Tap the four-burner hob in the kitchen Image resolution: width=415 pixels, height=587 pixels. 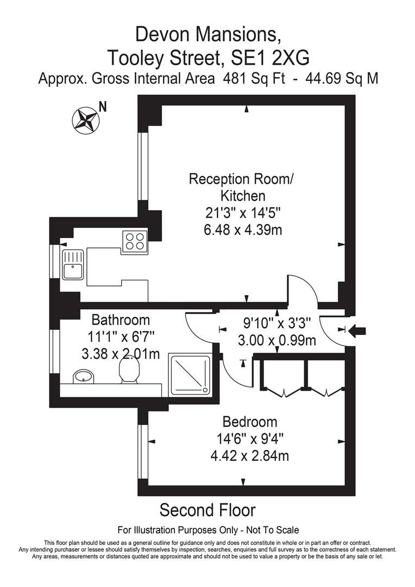pyautogui.click(x=135, y=240)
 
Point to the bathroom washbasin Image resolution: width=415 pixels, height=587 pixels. pyautogui.click(x=83, y=376)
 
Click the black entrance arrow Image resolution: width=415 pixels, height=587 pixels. pyautogui.click(x=360, y=330)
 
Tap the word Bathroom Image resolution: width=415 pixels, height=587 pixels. pyautogui.click(x=120, y=320)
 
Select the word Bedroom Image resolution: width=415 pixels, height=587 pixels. pyautogui.click(x=250, y=422)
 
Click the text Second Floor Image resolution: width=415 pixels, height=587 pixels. pyautogui.click(x=207, y=510)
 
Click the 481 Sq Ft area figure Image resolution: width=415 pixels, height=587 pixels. pyautogui.click(x=253, y=78)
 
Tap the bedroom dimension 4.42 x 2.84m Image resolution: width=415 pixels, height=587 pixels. pyautogui.click(x=249, y=455)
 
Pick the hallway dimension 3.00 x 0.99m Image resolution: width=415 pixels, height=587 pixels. pyautogui.click(x=277, y=341)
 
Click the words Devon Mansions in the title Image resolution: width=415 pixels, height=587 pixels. pyautogui.click(x=208, y=35)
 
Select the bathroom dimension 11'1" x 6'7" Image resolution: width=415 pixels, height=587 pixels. pyautogui.click(x=118, y=337)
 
